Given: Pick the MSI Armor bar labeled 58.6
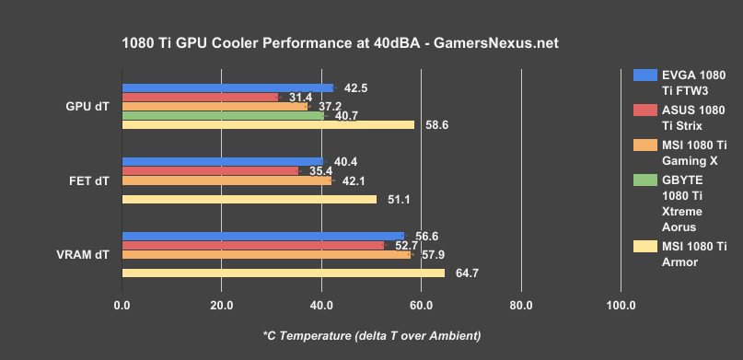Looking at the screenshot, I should [x=268, y=125].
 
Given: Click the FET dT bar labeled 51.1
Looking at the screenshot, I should [x=249, y=199].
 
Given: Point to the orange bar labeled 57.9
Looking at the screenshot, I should [x=266, y=255].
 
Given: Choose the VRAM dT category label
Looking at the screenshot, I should [x=88, y=255].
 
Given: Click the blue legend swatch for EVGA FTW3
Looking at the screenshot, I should [x=645, y=75].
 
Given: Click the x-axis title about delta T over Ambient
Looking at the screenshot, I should [x=371, y=334].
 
